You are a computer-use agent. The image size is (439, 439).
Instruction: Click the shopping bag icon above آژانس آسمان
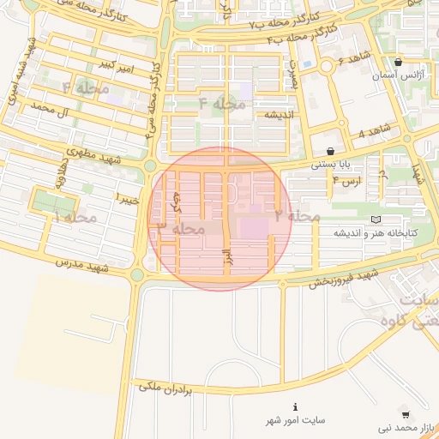click(x=399, y=62)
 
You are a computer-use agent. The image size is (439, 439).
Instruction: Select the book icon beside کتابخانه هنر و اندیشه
click(x=375, y=219)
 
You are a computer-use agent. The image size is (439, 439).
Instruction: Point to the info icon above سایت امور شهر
click(x=296, y=406)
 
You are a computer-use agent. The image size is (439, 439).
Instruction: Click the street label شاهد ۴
click(x=374, y=130)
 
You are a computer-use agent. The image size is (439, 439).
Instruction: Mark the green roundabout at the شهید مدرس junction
click(x=137, y=275)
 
